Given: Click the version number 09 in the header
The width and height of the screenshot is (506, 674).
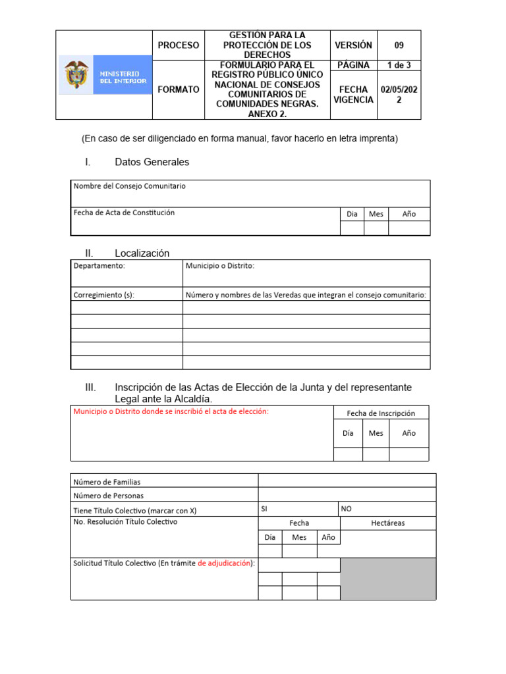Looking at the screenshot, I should click(399, 45).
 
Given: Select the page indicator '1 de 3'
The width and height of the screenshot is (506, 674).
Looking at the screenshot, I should click(399, 65).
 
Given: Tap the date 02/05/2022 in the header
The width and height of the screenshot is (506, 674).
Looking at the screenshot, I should click(399, 95).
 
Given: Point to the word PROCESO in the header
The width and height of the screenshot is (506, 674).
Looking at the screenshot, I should click(178, 45).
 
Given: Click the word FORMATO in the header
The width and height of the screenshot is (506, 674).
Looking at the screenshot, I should click(178, 90).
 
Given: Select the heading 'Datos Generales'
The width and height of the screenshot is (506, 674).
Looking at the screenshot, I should click(152, 162).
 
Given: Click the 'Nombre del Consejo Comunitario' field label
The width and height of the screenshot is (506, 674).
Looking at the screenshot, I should click(130, 186).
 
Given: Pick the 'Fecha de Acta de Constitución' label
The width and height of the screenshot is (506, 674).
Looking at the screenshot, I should click(124, 213).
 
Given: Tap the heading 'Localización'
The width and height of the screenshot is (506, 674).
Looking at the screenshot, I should click(142, 253).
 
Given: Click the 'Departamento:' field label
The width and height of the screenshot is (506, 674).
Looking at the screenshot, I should click(99, 266).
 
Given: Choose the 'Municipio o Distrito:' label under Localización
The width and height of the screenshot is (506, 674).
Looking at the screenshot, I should click(220, 266).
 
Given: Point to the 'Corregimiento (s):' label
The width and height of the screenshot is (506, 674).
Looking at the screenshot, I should click(104, 295).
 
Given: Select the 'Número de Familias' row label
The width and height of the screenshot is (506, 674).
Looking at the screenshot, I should click(107, 482).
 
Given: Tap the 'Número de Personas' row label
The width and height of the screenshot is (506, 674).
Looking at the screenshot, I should click(108, 496).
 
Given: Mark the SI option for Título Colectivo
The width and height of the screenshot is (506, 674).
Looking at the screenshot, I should click(265, 509).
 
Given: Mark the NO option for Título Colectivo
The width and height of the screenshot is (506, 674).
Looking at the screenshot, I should click(347, 509).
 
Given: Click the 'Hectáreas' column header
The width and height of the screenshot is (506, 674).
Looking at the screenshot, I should click(388, 523).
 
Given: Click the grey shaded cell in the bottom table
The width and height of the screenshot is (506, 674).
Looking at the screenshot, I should click(388, 579).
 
